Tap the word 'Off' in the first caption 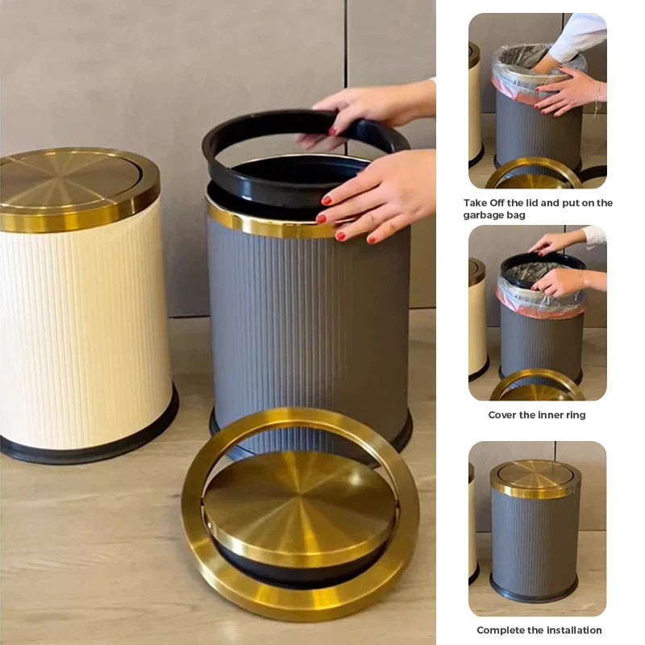497,203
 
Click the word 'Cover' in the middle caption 501,414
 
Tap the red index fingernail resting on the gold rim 327,201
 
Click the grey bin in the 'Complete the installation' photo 535,543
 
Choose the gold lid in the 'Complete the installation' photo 535,479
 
